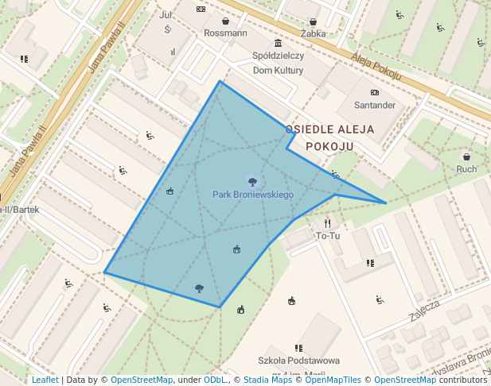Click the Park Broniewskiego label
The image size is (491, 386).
tap(253, 195)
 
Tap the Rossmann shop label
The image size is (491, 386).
tap(225, 33)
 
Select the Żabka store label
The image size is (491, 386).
tap(314, 34)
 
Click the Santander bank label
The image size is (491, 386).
tap(375, 105)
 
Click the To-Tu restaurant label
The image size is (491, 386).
tap(328, 236)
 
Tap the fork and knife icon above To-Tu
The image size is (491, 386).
tap(328, 223)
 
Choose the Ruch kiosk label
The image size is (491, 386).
tap(467, 168)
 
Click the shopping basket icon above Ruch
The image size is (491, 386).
tap(467, 156)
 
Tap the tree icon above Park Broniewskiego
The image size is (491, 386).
tap(252, 181)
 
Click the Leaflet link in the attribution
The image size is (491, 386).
tap(45, 380)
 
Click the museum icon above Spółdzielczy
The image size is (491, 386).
tap(278, 43)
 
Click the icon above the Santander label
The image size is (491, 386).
tap(374, 92)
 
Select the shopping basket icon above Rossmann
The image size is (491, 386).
tap(226, 21)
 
